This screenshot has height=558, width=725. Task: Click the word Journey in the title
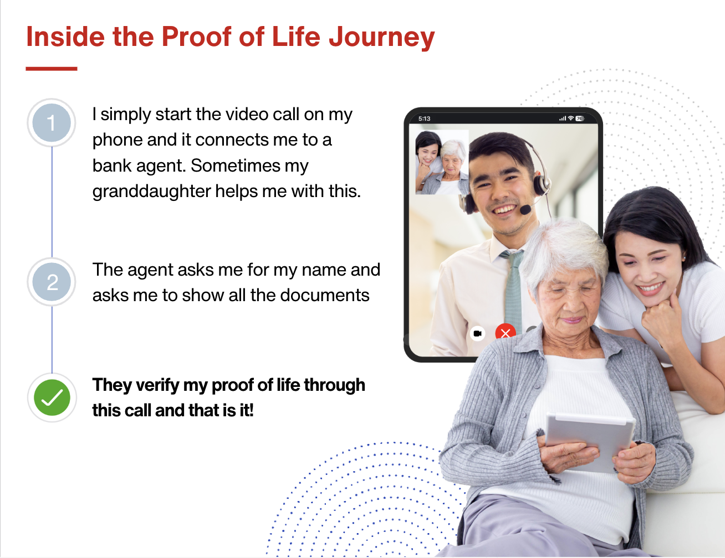[x=382, y=37]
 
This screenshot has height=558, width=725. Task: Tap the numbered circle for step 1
[x=52, y=122]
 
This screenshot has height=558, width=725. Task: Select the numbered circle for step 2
[x=52, y=282]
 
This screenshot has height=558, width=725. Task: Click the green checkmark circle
[x=52, y=397]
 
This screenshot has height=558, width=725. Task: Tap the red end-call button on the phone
[x=506, y=332]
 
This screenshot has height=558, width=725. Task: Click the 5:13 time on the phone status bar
[x=424, y=118]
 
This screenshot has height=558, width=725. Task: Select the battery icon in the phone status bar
[x=580, y=118]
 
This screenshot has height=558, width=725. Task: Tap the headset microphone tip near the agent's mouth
[x=525, y=210]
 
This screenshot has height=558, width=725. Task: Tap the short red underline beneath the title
[x=52, y=69]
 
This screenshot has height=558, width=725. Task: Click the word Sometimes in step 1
[x=236, y=166]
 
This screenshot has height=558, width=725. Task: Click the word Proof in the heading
[x=197, y=37]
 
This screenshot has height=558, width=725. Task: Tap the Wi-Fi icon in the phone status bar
[x=571, y=118]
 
